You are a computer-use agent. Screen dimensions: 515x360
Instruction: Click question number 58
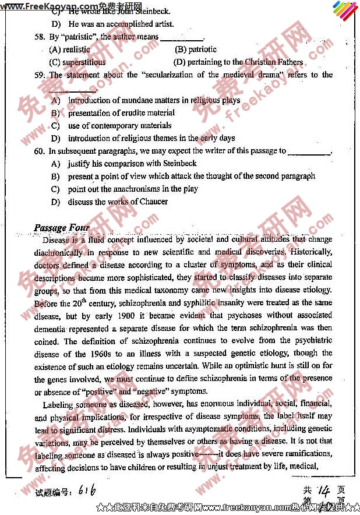39,37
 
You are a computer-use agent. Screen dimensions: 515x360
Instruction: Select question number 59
39,75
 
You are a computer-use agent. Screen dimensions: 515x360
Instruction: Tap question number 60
39,151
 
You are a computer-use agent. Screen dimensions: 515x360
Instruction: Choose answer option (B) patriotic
195,50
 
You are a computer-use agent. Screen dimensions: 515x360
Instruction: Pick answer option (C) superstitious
77,62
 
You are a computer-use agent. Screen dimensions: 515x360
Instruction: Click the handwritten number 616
86,491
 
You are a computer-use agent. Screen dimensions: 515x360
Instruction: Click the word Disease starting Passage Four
56,239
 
